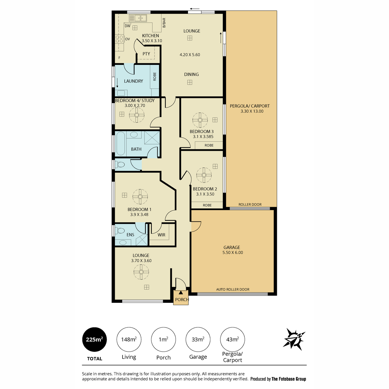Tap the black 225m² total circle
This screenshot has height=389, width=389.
click(x=94, y=339)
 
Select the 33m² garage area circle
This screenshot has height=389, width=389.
click(x=198, y=339)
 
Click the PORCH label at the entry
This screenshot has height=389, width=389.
click(x=182, y=300)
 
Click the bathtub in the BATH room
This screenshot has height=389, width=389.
click(x=121, y=143)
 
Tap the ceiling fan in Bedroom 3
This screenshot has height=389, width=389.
click(x=200, y=120)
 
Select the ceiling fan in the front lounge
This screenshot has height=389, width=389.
click(x=141, y=272)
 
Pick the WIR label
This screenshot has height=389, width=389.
click(x=161, y=235)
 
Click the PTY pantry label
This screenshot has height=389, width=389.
click(x=146, y=54)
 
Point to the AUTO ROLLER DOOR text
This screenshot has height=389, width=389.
click(x=232, y=289)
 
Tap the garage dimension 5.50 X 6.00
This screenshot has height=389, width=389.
click(x=232, y=252)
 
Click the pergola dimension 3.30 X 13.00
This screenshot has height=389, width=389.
click(x=252, y=111)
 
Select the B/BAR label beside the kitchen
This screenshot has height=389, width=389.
click(x=164, y=23)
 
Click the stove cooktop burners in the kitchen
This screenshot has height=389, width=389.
click(x=119, y=39)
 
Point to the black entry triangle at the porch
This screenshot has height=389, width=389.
click(x=181, y=292)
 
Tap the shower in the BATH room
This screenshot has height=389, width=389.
click(x=152, y=138)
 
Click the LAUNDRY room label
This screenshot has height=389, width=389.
click(x=134, y=81)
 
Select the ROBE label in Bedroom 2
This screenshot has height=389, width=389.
click(x=207, y=205)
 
